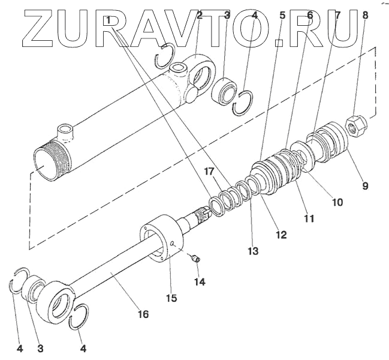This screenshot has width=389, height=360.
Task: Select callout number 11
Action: (309, 218)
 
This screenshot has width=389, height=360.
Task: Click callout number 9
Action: (365, 185)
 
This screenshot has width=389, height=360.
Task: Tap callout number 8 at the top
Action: (364, 16)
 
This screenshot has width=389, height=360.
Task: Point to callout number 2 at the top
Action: (200, 14)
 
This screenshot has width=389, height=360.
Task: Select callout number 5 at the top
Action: (282, 15)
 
